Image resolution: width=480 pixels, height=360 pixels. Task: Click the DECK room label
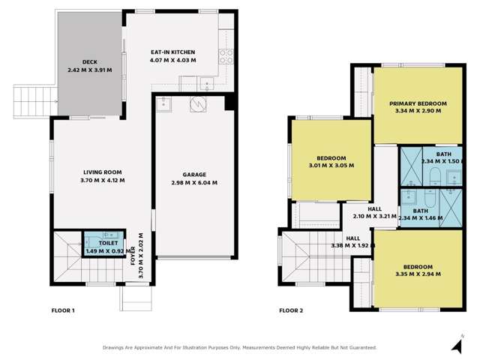(x=90, y=62)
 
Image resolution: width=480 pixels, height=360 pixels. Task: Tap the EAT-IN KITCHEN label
(x=173, y=52)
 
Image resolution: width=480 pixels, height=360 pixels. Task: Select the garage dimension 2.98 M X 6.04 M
(x=194, y=183)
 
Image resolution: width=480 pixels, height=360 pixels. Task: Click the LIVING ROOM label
(x=103, y=172)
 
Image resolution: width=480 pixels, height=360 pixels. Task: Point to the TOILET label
(x=108, y=243)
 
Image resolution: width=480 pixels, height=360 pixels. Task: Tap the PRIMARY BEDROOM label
(x=418, y=103)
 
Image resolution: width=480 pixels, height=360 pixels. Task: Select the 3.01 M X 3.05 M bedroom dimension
(x=331, y=166)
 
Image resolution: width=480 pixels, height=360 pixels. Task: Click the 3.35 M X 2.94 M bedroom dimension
(x=418, y=274)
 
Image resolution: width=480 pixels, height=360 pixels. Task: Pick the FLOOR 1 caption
(x=63, y=310)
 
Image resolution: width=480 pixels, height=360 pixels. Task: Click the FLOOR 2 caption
(x=291, y=310)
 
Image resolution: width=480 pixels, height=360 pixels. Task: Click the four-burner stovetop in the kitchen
(x=226, y=57)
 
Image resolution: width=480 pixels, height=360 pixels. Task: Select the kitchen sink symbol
(x=207, y=83)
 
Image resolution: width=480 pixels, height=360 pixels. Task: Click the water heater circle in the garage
(x=198, y=104)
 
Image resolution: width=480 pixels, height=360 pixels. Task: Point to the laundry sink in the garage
(x=163, y=104)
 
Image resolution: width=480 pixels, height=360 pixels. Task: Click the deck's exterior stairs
(x=35, y=102)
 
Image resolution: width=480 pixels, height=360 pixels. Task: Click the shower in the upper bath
(x=412, y=166)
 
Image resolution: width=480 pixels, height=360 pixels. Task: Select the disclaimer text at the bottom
(x=239, y=348)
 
